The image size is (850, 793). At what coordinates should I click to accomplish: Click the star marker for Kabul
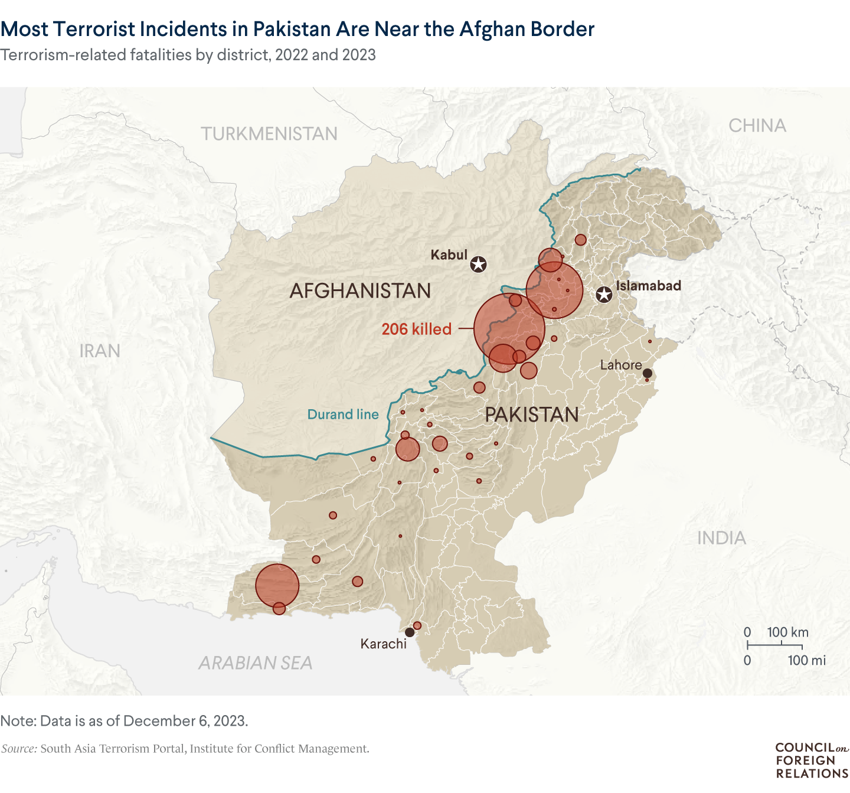(x=478, y=264)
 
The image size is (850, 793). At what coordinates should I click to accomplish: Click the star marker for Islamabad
(x=604, y=294)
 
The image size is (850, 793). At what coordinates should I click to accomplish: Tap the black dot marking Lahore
(x=647, y=373)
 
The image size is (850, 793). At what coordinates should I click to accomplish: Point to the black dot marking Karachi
(x=409, y=632)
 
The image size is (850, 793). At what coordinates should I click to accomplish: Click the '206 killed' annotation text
(x=416, y=329)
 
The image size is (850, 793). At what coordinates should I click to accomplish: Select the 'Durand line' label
(x=343, y=415)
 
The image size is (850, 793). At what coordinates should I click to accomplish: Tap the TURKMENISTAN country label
(x=269, y=134)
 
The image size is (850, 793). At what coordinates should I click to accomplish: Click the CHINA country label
(x=757, y=126)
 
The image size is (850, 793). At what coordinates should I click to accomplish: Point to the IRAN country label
(x=100, y=351)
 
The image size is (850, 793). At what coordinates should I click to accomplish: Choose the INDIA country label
(x=721, y=538)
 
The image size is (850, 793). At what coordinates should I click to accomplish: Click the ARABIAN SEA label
(x=255, y=663)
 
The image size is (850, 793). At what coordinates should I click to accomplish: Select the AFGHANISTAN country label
(x=360, y=291)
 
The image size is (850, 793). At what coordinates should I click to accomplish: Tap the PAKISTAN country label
(x=531, y=415)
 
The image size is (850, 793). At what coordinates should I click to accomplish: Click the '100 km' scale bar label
(x=787, y=632)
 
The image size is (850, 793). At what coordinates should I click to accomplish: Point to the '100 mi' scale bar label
(x=806, y=660)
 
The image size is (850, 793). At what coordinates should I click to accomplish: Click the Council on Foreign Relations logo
(x=812, y=761)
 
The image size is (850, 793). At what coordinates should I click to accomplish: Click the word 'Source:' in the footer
(x=19, y=749)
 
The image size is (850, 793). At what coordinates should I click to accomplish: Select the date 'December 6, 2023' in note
(x=185, y=721)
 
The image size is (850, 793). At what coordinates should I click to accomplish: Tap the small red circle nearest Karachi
(x=417, y=625)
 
